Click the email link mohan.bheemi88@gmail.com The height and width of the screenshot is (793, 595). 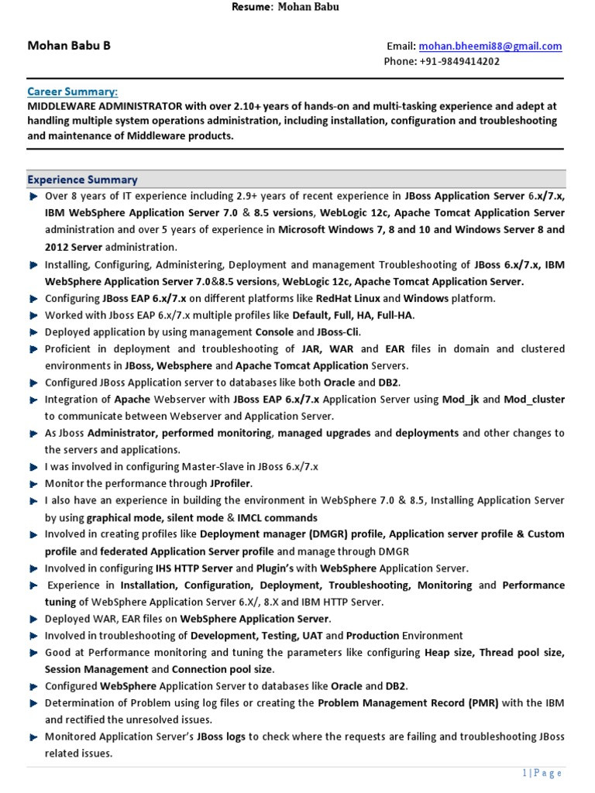[x=490, y=46]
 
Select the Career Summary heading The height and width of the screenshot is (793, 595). [x=73, y=91]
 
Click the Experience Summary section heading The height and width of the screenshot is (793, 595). [x=82, y=180]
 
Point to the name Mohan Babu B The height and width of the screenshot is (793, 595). [x=69, y=46]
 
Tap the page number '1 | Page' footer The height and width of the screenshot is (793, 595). [x=542, y=773]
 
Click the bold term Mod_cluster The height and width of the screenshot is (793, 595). [x=534, y=400]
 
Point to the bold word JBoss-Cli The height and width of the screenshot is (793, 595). [x=335, y=332]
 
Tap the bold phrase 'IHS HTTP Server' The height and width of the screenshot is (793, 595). [x=194, y=568]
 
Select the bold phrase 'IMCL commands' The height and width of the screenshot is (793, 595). [x=277, y=517]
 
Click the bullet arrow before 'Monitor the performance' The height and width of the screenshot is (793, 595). [x=33, y=484]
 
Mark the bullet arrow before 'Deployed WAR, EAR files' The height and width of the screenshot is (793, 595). [x=33, y=620]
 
